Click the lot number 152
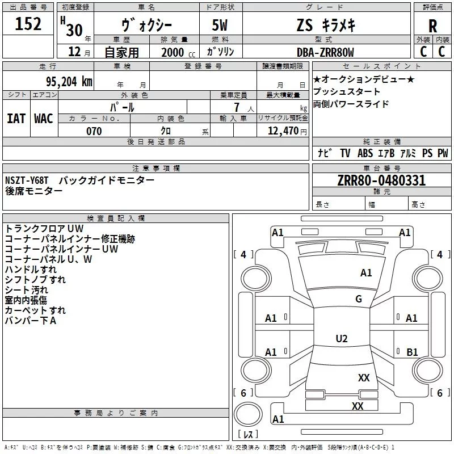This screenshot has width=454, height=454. (x=28, y=24)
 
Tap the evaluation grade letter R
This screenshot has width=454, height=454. (x=432, y=26)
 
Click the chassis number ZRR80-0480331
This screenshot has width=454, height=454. (x=381, y=181)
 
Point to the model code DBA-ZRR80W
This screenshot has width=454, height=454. (x=325, y=52)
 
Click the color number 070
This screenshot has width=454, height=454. (x=94, y=131)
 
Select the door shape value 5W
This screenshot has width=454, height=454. (x=221, y=26)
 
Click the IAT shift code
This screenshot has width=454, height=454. (x=16, y=119)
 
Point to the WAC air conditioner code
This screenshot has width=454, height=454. (x=44, y=119)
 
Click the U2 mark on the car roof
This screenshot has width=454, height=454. (x=342, y=339)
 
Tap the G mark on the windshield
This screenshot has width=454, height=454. (x=359, y=299)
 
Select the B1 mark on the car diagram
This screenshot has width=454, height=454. (x=412, y=352)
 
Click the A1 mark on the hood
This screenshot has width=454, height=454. (x=367, y=273)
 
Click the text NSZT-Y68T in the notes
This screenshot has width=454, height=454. (x=27, y=180)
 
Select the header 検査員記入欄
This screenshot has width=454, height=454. (x=116, y=218)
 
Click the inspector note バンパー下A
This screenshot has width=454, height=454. (x=31, y=321)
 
